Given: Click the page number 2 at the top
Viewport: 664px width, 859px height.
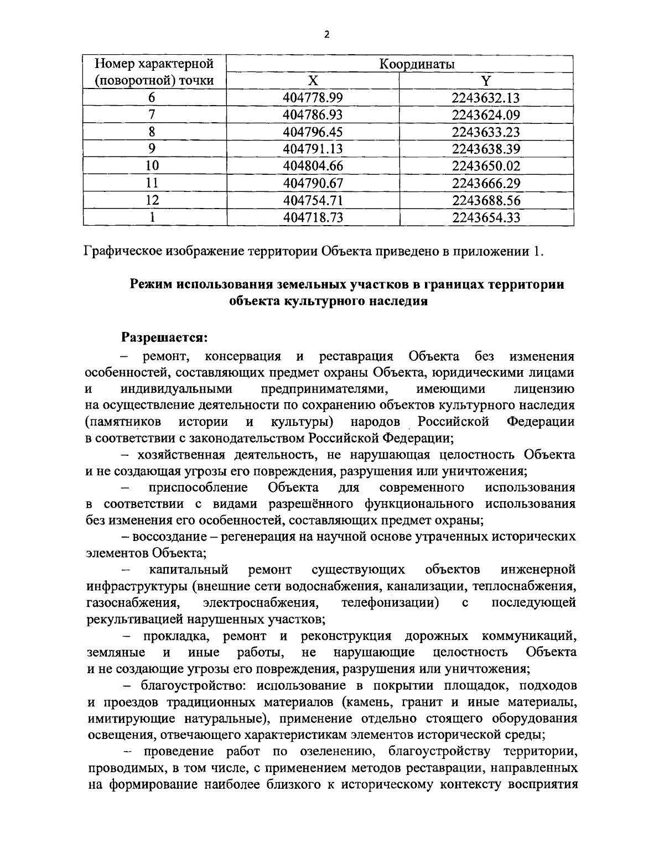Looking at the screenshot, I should point(326,34).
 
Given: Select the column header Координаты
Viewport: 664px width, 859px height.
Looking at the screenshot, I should point(417,64).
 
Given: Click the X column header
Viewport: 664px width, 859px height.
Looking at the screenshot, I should point(313,81).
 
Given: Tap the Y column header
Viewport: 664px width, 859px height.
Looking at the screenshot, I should point(485,81).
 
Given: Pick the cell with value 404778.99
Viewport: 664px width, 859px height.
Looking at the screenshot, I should point(313,98).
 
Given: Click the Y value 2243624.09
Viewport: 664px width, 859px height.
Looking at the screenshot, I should point(485,115).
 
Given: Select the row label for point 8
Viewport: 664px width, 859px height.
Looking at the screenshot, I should point(152,132).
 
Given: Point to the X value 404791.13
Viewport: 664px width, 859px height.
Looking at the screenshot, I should point(313,149).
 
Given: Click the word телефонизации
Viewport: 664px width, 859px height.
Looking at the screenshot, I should point(390,602).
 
